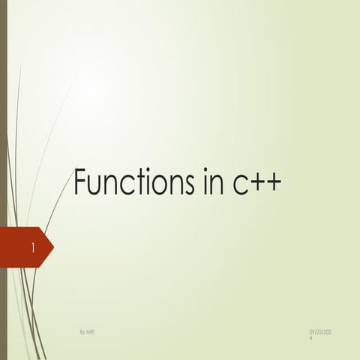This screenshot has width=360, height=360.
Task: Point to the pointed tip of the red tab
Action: [52, 246]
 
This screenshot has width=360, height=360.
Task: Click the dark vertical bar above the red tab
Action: [3, 112]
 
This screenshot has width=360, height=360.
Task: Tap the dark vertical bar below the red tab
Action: [3, 315]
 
